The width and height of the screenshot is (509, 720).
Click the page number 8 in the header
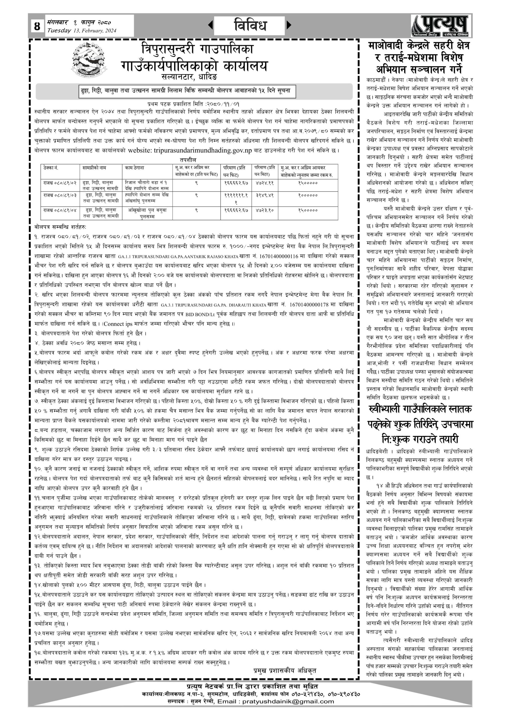[x=37, y=26]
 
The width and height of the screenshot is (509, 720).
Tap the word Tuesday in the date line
[x=59, y=30]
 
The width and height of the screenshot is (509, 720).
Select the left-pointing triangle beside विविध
[x=210, y=25]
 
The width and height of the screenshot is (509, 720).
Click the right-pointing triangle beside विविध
[x=289, y=25]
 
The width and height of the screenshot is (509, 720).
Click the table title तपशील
[x=188, y=160]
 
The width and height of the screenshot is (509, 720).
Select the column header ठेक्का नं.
[x=51, y=168]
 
